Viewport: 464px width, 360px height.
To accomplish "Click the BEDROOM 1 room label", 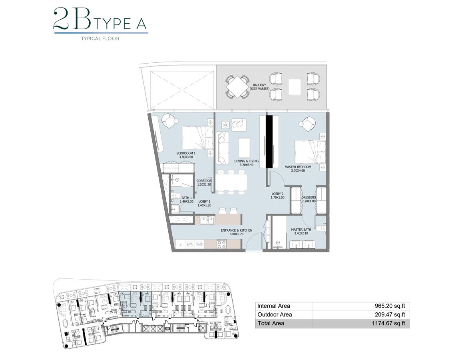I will click(186, 155).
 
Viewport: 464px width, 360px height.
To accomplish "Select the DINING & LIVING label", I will click(246, 163).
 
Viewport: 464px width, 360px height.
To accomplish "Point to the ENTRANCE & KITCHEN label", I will click(237, 233).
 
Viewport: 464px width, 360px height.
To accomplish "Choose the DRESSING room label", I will click(309, 199).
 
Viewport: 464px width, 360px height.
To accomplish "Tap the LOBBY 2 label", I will click(277, 196).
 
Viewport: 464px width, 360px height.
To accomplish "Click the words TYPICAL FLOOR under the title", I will click(100, 39).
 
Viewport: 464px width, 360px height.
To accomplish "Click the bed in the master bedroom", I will click(310, 152).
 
